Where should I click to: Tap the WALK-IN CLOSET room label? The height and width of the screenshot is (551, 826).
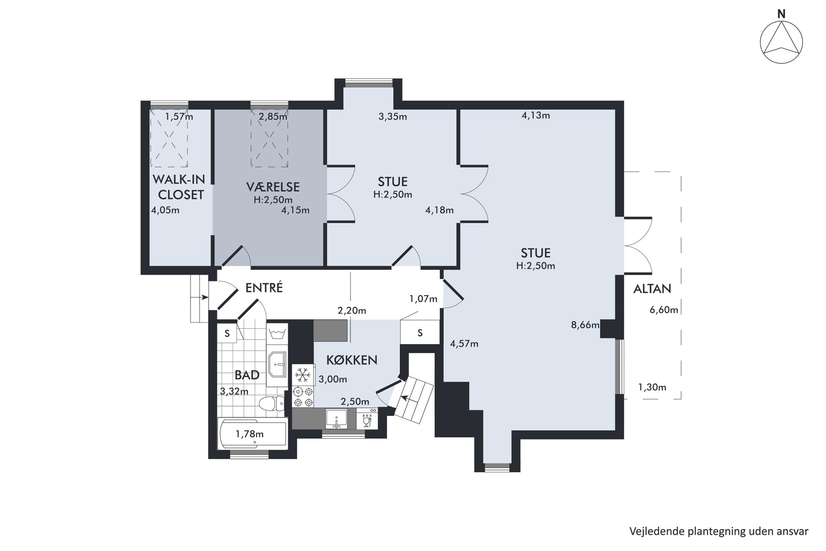click(179, 187)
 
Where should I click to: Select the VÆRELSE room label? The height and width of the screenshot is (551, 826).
click(273, 187)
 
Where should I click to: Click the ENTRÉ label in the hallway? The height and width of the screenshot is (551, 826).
click(264, 288)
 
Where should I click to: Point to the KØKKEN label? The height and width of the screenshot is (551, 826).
click(351, 360)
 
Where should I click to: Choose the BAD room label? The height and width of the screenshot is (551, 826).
click(247, 375)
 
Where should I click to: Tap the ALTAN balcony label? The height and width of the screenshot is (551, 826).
click(652, 289)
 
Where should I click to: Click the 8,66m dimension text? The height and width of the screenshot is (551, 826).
click(585, 325)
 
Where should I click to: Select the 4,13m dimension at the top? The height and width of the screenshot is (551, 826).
click(535, 115)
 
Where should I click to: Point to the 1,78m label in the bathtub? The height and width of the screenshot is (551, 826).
click(249, 434)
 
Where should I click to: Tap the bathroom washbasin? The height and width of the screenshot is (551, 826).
click(277, 364)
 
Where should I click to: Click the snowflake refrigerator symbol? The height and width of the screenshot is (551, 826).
click(303, 375)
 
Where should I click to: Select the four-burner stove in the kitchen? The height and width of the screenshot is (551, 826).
click(303, 396)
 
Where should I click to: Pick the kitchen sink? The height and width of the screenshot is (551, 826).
click(336, 419)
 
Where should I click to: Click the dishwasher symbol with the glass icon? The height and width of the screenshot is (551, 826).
click(367, 418)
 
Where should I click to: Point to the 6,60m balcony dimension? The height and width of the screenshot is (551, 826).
click(664, 310)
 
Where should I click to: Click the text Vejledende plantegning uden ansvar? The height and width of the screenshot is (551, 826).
click(719, 531)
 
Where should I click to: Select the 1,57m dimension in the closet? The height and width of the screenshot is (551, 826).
click(179, 117)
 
